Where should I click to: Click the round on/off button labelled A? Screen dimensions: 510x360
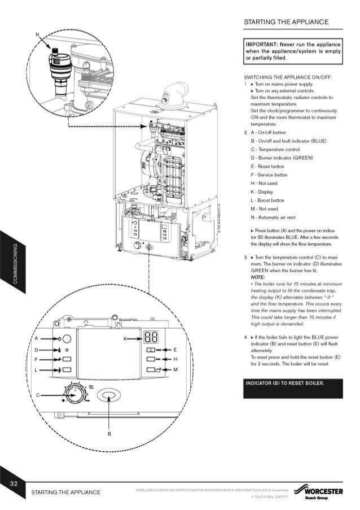(66, 339)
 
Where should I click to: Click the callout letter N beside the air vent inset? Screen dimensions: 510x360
(37, 35)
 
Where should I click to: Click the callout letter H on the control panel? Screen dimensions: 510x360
(175, 359)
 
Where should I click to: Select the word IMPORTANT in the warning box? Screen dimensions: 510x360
(262, 43)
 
